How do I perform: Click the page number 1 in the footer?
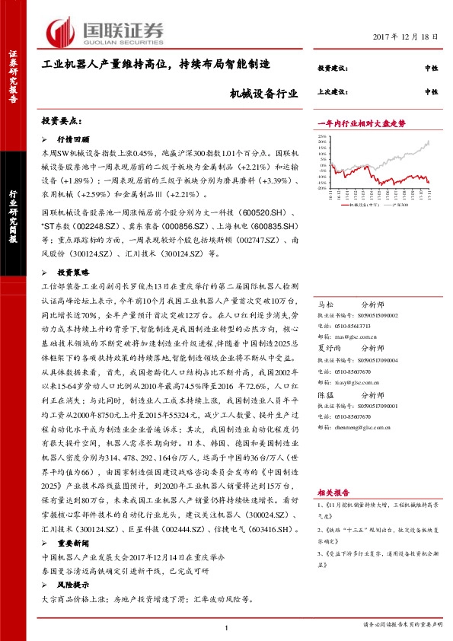[227, 626]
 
